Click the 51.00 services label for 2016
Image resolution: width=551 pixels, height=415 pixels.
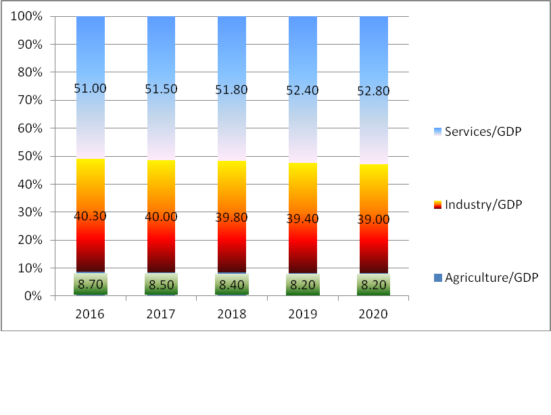90,89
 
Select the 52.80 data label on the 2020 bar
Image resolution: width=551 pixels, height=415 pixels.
373,91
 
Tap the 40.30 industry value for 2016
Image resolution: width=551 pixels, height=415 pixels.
90,216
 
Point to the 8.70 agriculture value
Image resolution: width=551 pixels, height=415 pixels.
90,285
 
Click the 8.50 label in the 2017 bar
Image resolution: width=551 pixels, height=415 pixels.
161,285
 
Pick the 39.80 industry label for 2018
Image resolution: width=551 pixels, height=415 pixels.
232,216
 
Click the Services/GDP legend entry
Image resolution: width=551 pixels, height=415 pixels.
483,131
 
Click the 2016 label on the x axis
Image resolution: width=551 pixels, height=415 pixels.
90,314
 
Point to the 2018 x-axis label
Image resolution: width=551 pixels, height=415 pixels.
232,314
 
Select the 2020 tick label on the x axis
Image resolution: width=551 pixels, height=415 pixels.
373,314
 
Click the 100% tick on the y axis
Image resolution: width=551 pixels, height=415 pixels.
26,16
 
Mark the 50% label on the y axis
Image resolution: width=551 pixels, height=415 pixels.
30,156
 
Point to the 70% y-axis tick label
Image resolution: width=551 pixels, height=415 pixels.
30,100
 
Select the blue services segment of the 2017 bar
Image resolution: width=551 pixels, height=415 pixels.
161,54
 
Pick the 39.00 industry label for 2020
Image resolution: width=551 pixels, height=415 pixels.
373,216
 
